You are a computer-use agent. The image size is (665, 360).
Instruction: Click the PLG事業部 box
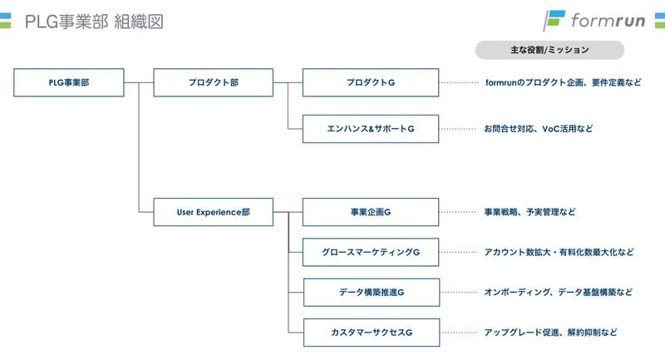[69, 82]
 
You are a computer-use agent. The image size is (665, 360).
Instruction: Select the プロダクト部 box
[214, 82]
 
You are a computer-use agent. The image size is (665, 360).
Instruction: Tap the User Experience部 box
[214, 212]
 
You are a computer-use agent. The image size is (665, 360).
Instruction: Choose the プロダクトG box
[371, 82]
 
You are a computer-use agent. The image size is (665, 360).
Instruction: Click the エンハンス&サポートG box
[371, 129]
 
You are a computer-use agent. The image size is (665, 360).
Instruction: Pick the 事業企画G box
[371, 212]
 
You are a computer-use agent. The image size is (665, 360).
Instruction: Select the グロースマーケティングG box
[371, 252]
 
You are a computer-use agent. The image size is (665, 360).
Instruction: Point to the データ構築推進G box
[372, 292]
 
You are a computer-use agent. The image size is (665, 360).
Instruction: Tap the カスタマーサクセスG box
[372, 333]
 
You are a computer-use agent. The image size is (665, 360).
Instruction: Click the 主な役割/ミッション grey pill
[549, 50]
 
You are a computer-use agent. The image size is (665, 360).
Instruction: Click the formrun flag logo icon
[554, 21]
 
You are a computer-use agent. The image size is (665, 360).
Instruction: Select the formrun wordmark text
[608, 20]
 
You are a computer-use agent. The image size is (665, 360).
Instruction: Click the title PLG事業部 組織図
[94, 22]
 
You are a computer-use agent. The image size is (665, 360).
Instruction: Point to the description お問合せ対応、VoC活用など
[539, 129]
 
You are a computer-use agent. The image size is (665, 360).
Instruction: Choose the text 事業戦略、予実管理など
[530, 212]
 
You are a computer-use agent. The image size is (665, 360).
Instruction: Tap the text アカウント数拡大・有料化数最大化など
[559, 252]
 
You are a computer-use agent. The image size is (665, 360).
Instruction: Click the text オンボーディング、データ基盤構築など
[559, 292]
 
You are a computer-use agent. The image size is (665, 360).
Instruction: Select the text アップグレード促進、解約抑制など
[551, 333]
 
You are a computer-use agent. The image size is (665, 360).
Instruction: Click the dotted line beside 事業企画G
[459, 212]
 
